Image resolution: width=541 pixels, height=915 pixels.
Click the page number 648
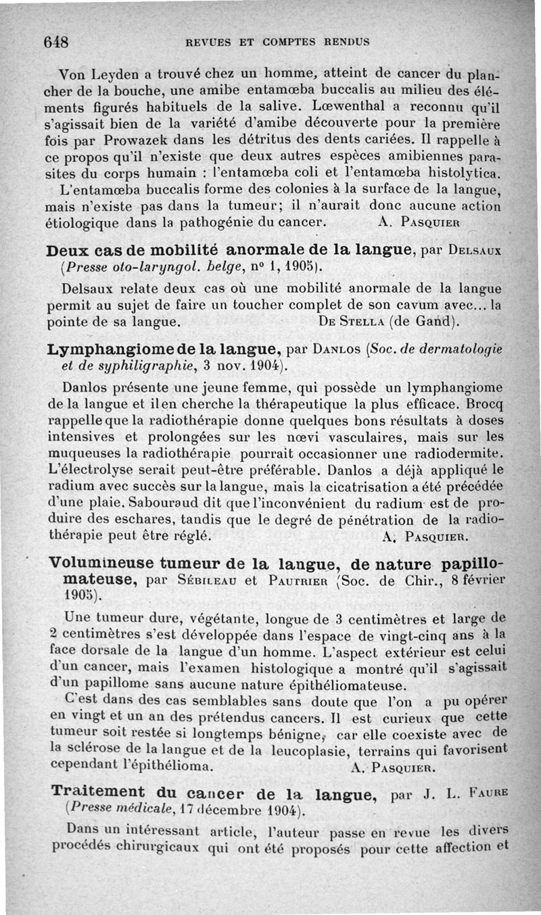(57, 41)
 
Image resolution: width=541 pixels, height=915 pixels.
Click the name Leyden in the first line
(112, 74)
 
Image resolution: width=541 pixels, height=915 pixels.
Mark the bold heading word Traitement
(98, 791)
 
